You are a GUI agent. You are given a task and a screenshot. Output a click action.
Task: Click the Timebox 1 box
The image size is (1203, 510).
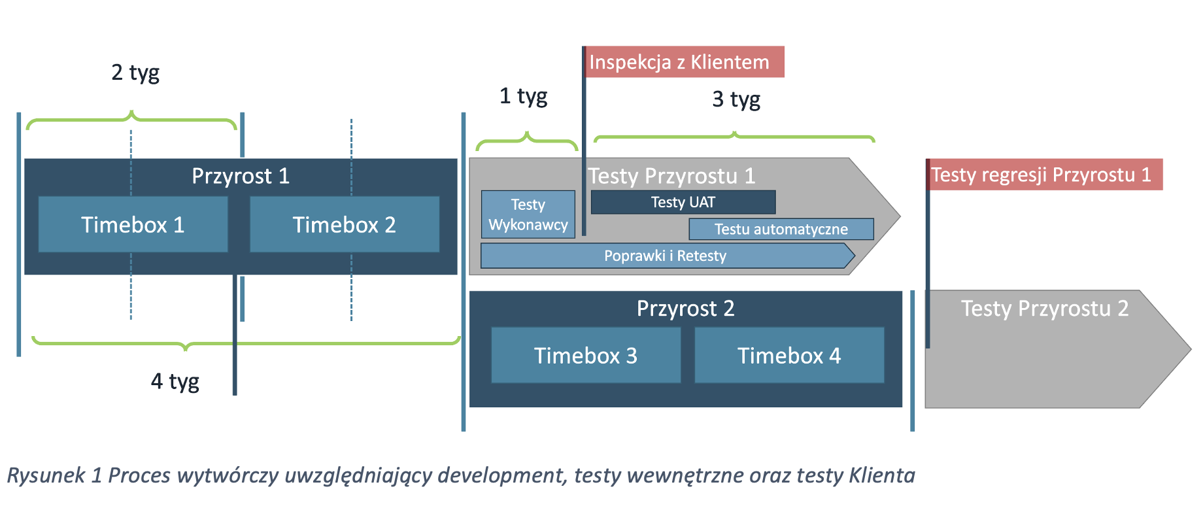[133, 224]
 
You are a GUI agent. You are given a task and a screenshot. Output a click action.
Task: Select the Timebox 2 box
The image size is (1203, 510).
[344, 224]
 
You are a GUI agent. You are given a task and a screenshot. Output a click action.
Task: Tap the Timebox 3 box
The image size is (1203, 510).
[585, 355]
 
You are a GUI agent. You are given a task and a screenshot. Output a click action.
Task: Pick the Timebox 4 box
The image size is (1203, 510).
[789, 355]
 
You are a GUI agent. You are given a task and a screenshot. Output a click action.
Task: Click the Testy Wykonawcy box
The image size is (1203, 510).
[528, 214]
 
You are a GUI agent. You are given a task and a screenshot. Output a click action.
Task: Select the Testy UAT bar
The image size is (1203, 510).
[683, 202]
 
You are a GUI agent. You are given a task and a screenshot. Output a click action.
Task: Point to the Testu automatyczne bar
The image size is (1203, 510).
[781, 229]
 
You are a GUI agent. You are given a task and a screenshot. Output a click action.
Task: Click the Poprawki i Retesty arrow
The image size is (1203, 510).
[665, 256]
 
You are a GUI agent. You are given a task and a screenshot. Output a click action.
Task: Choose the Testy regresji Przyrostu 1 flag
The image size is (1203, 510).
[1043, 175]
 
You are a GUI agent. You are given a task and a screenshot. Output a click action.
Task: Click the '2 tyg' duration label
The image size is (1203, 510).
[135, 73]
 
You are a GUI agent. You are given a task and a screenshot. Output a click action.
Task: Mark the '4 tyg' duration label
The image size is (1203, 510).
[175, 381]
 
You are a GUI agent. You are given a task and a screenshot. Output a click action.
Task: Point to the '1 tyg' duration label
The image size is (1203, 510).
[523, 97]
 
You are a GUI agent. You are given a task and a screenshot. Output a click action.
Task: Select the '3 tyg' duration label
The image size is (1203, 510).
[736, 99]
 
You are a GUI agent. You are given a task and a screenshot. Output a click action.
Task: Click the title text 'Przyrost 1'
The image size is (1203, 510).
[241, 176]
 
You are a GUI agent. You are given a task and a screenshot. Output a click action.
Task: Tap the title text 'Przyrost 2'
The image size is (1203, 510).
[685, 308]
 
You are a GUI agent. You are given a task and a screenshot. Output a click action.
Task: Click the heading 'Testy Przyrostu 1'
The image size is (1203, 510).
[671, 176]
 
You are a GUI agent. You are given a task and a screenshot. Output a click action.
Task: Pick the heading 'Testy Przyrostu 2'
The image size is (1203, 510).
[1044, 308]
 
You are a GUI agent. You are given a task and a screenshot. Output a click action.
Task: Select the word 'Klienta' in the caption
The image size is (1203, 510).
[882, 475]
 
